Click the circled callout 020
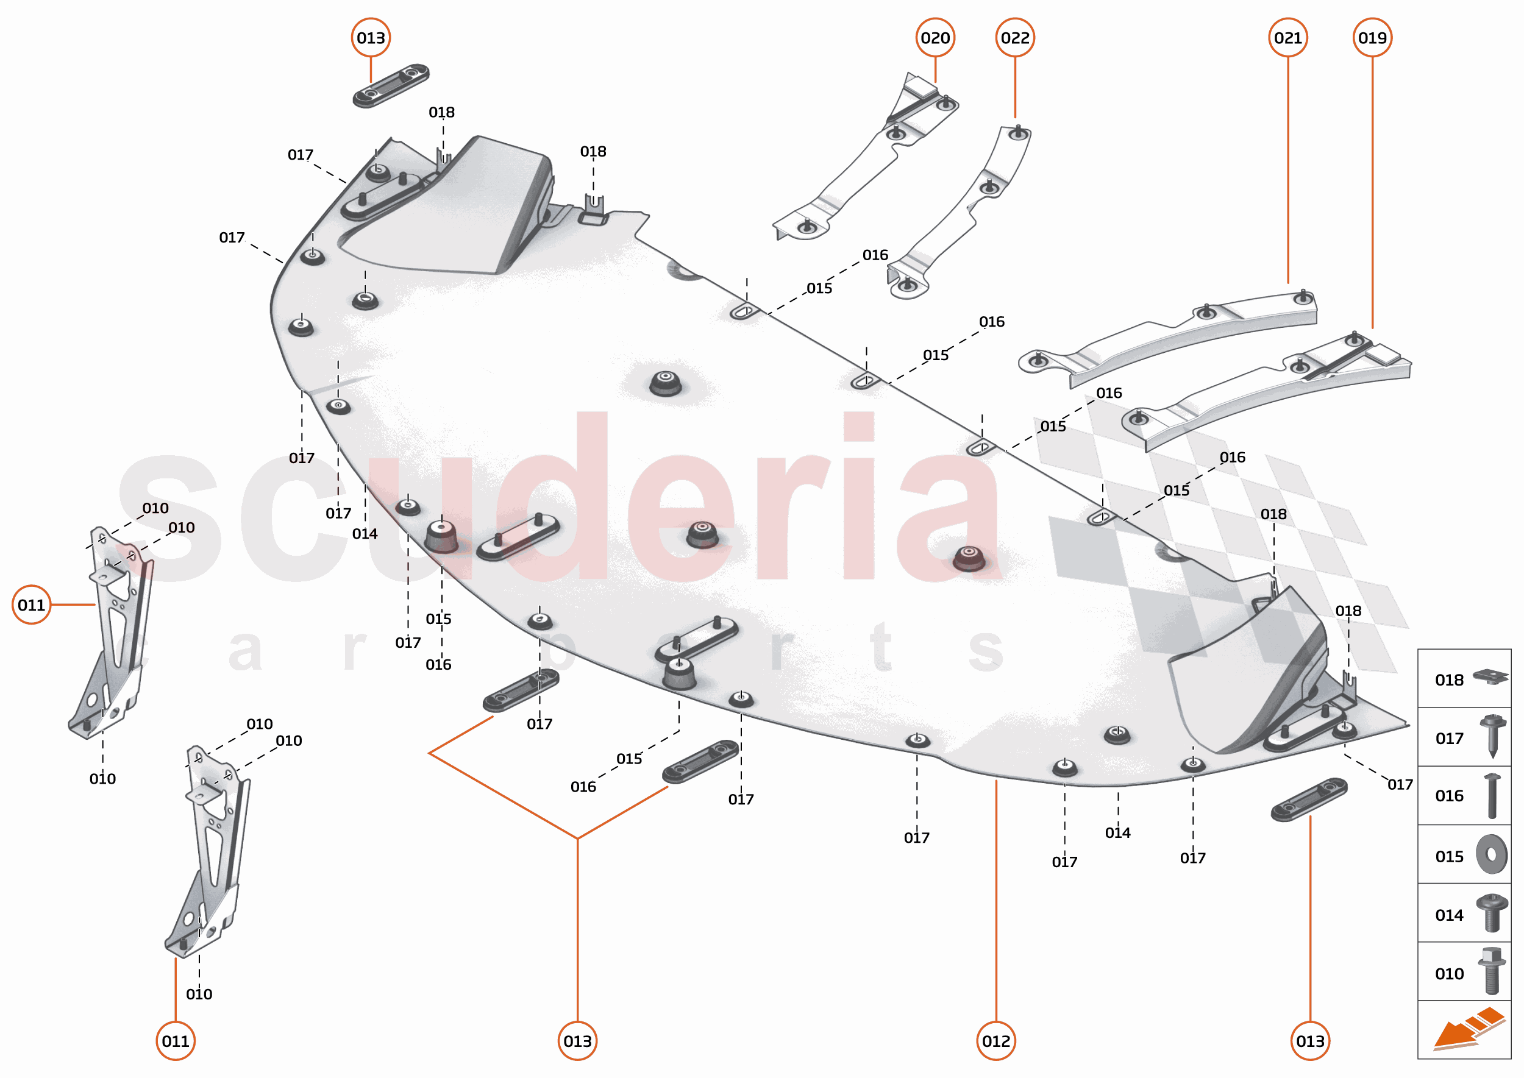point(935,38)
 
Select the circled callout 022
point(1014,38)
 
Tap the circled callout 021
point(1287,38)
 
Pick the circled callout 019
point(1372,38)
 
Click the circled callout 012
point(996,1041)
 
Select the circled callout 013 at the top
point(371,38)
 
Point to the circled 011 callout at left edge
point(31,605)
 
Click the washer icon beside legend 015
point(1492,855)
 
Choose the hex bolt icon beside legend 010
point(1491,972)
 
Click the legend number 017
point(1449,738)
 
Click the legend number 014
point(1449,915)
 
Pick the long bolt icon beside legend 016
point(1492,796)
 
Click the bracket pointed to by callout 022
point(963,213)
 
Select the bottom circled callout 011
point(176,1041)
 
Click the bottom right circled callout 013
point(1309,1041)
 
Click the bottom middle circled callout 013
point(577,1041)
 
